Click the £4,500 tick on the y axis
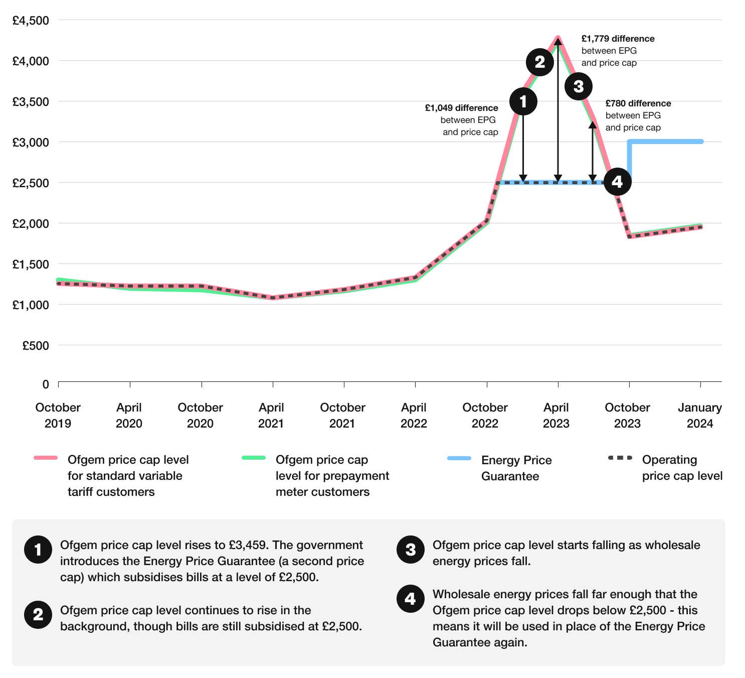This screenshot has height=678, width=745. point(31,21)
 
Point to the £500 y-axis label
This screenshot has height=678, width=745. point(36,345)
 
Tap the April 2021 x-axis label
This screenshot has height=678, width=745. point(271,415)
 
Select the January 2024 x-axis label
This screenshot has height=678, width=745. point(699,415)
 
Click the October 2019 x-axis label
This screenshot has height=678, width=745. point(58,415)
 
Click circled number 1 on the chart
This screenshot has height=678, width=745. point(523,101)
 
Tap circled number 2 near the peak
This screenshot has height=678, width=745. point(539,62)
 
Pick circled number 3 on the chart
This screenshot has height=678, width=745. point(578,86)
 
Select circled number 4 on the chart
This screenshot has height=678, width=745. point(617,181)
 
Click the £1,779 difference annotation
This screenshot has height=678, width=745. point(618,39)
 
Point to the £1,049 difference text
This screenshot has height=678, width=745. point(461,108)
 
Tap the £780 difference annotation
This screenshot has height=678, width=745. point(638,103)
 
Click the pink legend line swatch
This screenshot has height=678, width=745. point(46,458)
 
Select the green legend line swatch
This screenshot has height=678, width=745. point(254,458)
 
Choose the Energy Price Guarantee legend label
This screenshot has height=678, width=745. point(516,468)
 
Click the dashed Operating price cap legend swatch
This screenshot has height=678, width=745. point(620,458)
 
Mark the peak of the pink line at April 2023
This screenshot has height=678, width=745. point(558,38)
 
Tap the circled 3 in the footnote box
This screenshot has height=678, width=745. point(410,550)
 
